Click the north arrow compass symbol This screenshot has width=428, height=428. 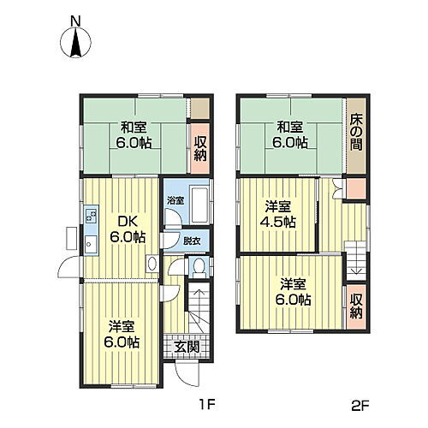point(75,42)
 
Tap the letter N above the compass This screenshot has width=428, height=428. point(75,21)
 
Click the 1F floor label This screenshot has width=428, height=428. point(206,404)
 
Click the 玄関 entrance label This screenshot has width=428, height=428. point(187,347)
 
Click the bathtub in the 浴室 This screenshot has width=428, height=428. point(199,205)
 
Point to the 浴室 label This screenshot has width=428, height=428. point(175,200)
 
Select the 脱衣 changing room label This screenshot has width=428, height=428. point(192,241)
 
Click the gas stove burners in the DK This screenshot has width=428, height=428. point(92,216)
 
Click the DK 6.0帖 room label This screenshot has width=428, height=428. point(128,229)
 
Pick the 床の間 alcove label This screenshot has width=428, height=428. point(356,132)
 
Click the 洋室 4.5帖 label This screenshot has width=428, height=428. point(278,214)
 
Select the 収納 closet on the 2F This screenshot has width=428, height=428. point(357,306)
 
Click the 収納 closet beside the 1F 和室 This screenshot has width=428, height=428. point(200,148)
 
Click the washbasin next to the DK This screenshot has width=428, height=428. point(152,263)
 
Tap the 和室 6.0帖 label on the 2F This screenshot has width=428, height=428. point(290,134)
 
